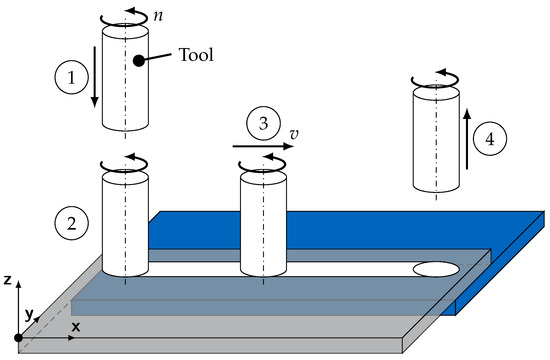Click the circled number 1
(67, 75)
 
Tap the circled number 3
(263, 124)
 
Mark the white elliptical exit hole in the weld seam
(437, 268)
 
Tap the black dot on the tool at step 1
(135, 60)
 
